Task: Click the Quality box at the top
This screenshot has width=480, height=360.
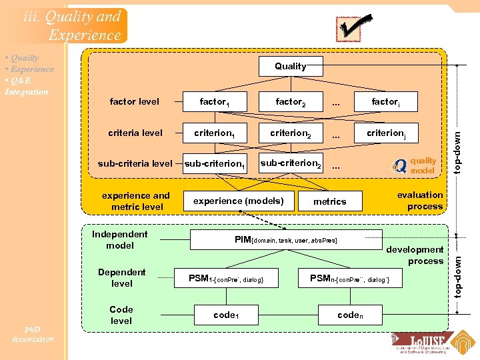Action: pyautogui.click(x=290, y=66)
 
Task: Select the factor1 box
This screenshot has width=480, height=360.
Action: pyautogui.click(x=214, y=101)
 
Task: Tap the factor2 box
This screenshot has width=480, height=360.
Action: pyautogui.click(x=290, y=101)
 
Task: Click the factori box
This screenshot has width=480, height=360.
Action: pyautogui.click(x=385, y=101)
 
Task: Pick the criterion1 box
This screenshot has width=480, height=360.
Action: pyautogui.click(x=214, y=133)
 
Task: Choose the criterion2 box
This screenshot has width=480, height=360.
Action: pyautogui.click(x=290, y=133)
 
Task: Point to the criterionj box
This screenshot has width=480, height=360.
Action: pyautogui.click(x=385, y=133)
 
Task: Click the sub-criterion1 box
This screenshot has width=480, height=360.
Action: pyautogui.click(x=214, y=163)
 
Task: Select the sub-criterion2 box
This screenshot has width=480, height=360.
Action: pyautogui.click(x=290, y=163)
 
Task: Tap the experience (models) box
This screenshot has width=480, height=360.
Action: pyautogui.click(x=238, y=201)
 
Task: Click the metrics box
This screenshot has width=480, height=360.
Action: pyautogui.click(x=329, y=201)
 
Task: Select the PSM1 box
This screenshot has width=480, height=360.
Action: pyautogui.click(x=225, y=278)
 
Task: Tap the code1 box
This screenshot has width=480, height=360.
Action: pyautogui.click(x=225, y=315)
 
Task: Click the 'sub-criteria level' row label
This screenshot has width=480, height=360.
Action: pyautogui.click(x=135, y=163)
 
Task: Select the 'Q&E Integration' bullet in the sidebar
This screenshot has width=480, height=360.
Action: pyautogui.click(x=27, y=86)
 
